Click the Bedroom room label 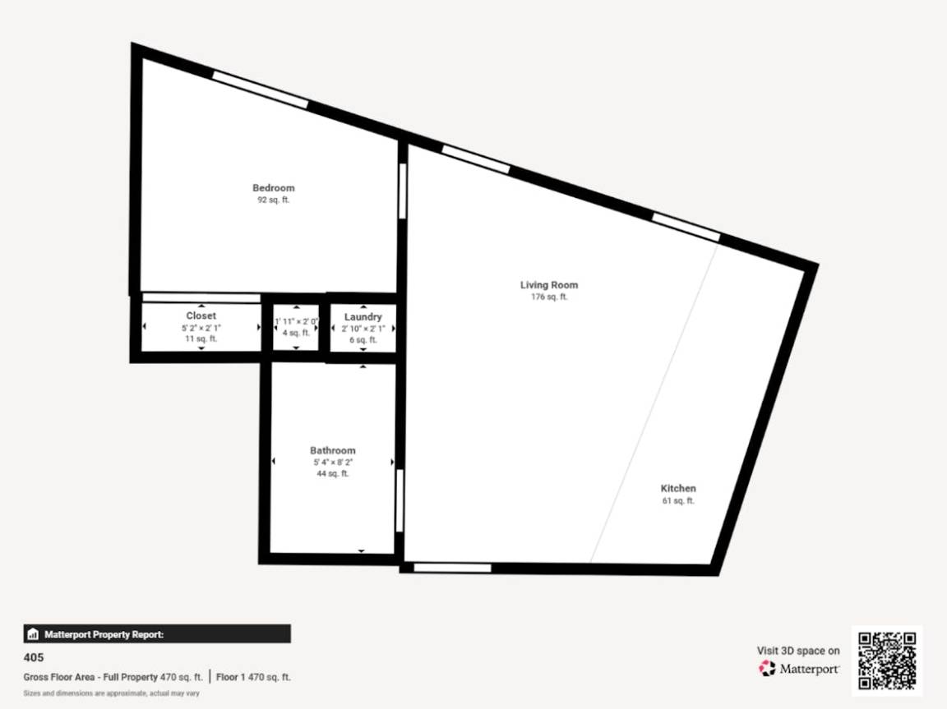pyautogui.click(x=273, y=188)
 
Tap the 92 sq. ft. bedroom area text pyautogui.click(x=273, y=200)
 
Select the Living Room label pyautogui.click(x=548, y=285)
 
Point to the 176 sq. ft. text pyautogui.click(x=548, y=297)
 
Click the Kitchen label pyautogui.click(x=678, y=488)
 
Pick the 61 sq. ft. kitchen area pyautogui.click(x=678, y=500)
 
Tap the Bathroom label pyautogui.click(x=332, y=450)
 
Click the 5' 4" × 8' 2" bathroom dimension pyautogui.click(x=332, y=463)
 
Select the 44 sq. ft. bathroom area pyautogui.click(x=332, y=473)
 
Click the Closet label pyautogui.click(x=201, y=315)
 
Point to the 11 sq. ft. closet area pyautogui.click(x=201, y=338)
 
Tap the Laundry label pyautogui.click(x=363, y=317)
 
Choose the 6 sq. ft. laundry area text pyautogui.click(x=363, y=338)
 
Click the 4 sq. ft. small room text pyautogui.click(x=295, y=333)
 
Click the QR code pyautogui.click(x=886, y=661)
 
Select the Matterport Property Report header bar pyautogui.click(x=157, y=634)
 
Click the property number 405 pyautogui.click(x=34, y=657)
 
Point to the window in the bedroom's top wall pyautogui.click(x=260, y=90)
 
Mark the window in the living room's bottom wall pyautogui.click(x=452, y=567)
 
